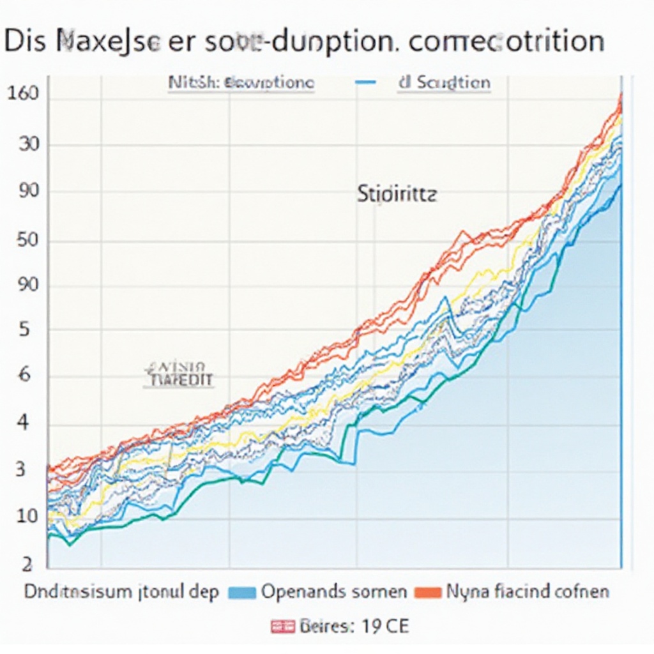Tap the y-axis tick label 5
[24, 330]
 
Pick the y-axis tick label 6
[24, 376]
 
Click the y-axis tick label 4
[22, 423]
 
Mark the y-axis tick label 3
[19, 469]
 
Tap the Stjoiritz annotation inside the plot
[396, 194]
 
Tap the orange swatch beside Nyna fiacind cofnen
[428, 592]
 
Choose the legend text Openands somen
[334, 592]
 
